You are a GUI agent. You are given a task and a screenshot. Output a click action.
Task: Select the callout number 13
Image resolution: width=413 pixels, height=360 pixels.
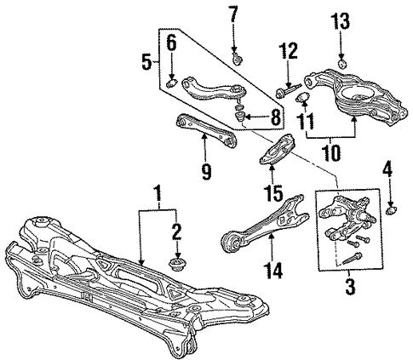coord(341,21)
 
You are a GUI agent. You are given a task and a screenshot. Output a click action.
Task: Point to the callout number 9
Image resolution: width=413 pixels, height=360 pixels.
coord(207,171)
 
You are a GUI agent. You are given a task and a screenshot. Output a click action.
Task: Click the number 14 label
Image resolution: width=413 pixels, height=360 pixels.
coord(272,270)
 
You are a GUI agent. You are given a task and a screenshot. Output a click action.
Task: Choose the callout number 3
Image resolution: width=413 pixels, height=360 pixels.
coord(350,286)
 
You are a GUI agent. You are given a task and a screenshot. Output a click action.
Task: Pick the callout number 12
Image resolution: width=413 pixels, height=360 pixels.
coord(288,50)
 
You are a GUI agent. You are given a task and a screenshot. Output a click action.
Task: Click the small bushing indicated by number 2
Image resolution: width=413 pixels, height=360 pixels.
coord(177,265)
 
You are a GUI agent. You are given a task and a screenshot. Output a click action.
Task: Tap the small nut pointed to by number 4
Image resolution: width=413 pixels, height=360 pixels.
coord(392,210)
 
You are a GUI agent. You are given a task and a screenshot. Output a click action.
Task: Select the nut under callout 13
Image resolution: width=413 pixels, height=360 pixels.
coord(342,64)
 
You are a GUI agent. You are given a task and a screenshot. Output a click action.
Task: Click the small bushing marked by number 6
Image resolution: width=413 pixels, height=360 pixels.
coord(171,84)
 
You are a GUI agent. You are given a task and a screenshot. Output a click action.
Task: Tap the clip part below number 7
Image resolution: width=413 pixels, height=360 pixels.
coord(237,59)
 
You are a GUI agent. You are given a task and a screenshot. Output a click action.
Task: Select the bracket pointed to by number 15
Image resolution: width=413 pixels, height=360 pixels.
coord(278,150)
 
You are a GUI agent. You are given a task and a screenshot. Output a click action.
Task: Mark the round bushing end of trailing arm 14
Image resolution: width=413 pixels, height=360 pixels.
coord(232,243)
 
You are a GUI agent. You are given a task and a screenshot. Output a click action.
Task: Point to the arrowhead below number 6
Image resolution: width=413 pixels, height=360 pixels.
coord(172,77)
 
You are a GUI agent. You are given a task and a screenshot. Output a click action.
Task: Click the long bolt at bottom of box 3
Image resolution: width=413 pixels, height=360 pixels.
coord(352,258)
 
